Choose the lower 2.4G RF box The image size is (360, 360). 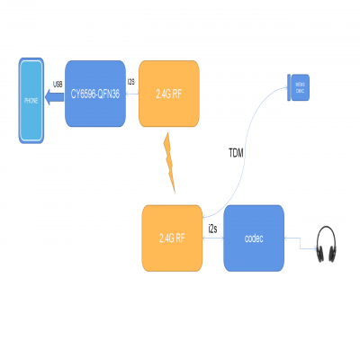(172, 238)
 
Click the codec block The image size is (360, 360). (254, 238)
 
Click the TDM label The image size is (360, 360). (236, 154)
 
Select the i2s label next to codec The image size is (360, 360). (213, 229)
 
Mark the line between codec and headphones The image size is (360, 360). (299, 238)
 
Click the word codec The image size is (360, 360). (254, 238)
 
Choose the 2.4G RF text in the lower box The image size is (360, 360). (172, 238)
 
